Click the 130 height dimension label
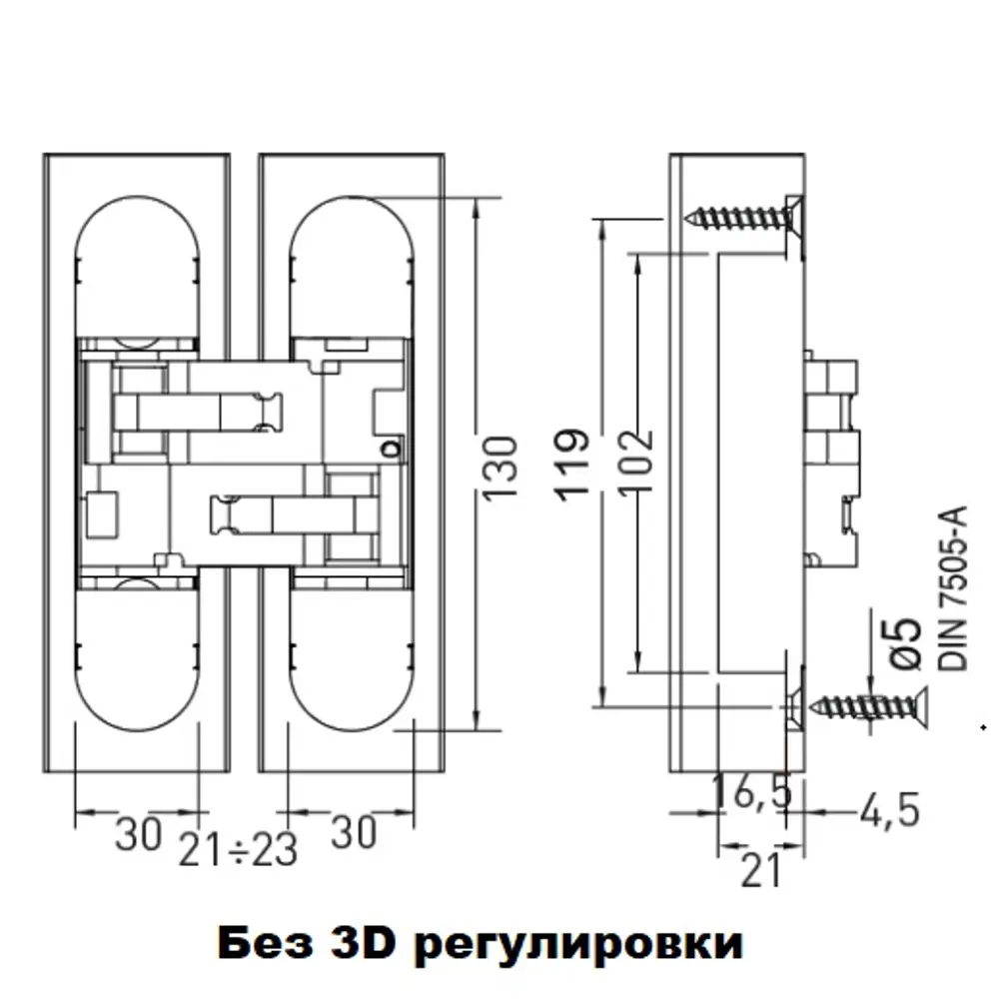pyautogui.click(x=502, y=468)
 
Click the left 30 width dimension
pyautogui.click(x=137, y=834)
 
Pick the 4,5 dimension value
pyautogui.click(x=888, y=811)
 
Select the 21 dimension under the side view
pyautogui.click(x=761, y=871)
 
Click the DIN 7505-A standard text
pyautogui.click(x=954, y=589)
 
